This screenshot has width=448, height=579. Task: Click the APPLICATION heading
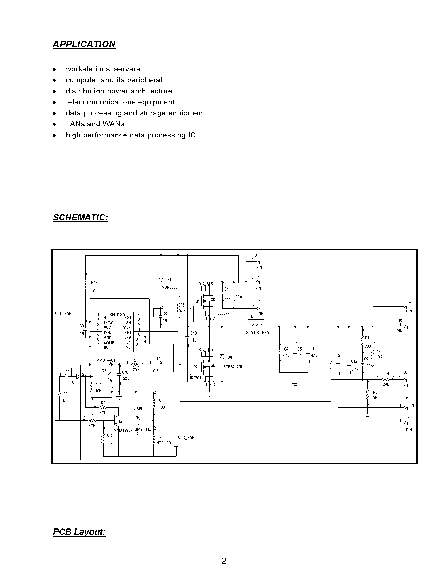(84, 44)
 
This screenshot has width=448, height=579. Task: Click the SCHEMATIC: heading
(80, 217)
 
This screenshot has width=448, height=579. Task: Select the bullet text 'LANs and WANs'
(95, 124)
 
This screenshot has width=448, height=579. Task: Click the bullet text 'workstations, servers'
(103, 69)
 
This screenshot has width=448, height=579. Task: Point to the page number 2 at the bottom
(224, 561)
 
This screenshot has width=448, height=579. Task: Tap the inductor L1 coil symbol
(256, 326)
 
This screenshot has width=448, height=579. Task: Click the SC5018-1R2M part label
(257, 333)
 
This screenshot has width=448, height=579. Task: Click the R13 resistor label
(94, 283)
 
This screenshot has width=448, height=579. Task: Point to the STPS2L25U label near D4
(233, 367)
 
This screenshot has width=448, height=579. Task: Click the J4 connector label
(409, 302)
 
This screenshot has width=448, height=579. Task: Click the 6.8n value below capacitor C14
(157, 371)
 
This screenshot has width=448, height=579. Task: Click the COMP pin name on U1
(109, 343)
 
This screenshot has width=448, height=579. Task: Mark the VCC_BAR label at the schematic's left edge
(63, 314)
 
